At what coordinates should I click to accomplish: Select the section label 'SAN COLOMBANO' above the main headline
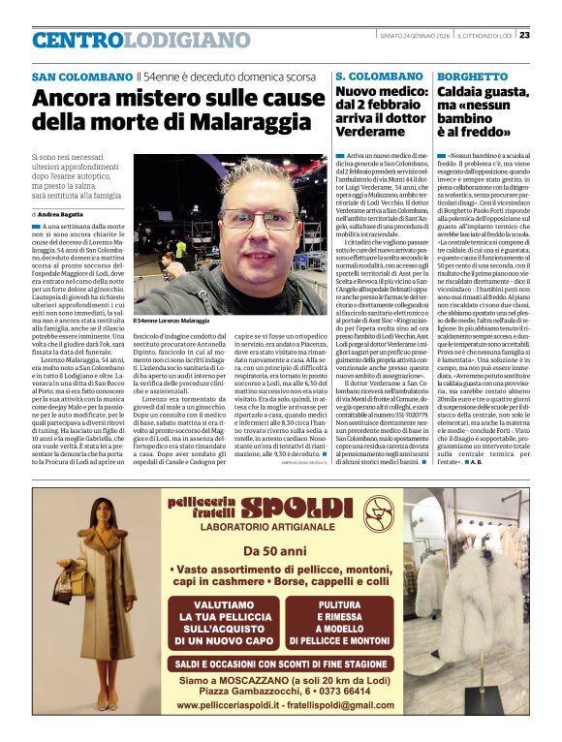(x=81, y=77)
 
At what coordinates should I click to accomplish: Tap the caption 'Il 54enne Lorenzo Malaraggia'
(x=171, y=320)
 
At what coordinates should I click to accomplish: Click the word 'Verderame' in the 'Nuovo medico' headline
(x=370, y=132)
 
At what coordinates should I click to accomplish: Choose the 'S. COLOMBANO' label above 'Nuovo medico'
(x=379, y=76)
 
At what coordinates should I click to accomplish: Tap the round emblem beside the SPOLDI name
(x=378, y=510)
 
